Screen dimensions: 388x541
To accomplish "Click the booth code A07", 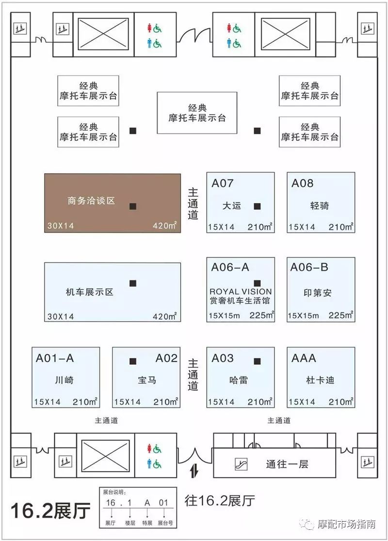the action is click(x=223, y=183).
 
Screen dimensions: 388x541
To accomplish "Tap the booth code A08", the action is click(x=302, y=183).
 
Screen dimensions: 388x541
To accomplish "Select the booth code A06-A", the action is click(x=230, y=267).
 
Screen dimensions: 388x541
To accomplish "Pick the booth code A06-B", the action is click(x=309, y=267).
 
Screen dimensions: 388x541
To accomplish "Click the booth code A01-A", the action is click(x=55, y=358).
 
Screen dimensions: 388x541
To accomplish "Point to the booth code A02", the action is click(x=166, y=358).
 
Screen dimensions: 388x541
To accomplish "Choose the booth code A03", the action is click(x=223, y=358).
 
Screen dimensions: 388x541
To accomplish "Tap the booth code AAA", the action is click(x=304, y=358).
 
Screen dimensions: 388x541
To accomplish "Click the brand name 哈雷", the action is click(x=239, y=380).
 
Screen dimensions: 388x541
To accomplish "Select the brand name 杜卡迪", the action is click(x=320, y=380).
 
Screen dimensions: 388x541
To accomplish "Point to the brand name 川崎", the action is click(x=65, y=380).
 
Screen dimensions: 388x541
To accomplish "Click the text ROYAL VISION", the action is click(x=241, y=292).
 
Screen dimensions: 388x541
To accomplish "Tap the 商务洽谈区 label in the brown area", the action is click(x=91, y=201).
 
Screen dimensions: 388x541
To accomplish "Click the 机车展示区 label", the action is click(x=90, y=292).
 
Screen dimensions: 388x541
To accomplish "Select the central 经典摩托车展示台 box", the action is click(x=197, y=113).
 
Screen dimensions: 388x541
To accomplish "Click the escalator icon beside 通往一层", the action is click(x=241, y=464).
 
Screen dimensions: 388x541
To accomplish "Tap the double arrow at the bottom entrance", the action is click(x=194, y=472).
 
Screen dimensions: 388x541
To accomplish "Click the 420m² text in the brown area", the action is click(x=164, y=226).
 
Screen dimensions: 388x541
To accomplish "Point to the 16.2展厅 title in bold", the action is click(x=50, y=510).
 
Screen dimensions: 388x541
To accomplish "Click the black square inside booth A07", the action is click(x=257, y=206).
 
